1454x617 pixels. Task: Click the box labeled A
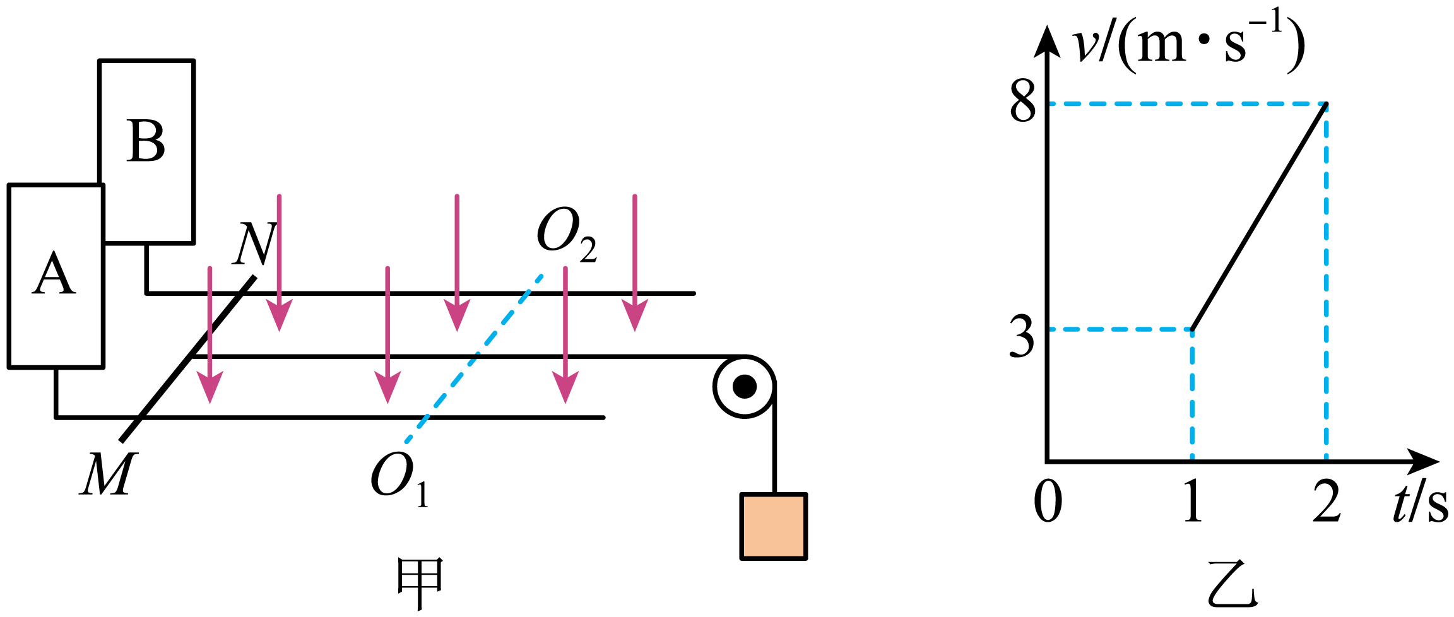56,276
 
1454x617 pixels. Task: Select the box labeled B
146,151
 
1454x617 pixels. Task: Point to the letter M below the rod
108,474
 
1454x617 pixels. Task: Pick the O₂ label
567,233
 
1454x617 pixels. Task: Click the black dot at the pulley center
745,387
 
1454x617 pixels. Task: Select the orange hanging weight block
774,526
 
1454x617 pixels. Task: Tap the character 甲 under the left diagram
420,583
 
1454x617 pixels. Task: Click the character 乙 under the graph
1232,583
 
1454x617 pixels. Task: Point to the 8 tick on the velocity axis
1023,102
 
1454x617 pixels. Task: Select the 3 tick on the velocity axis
1022,337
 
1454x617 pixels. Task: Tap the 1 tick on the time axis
1192,501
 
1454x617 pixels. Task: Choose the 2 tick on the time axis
1327,501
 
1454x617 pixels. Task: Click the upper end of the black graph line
1327,103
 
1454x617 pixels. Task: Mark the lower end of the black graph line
1192,329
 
